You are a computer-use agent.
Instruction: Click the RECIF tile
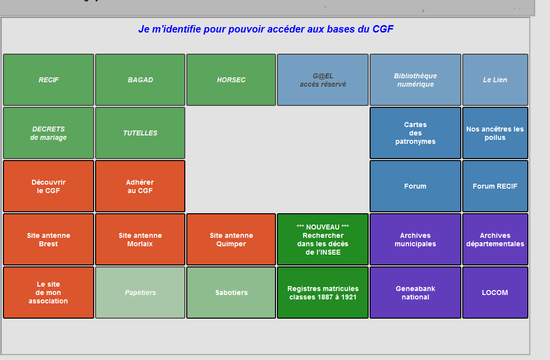pyautogui.click(x=48, y=80)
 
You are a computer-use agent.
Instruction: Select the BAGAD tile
pyautogui.click(x=140, y=80)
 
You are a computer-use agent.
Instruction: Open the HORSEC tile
pyautogui.click(x=231, y=80)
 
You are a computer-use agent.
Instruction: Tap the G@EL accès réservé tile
pyautogui.click(x=323, y=80)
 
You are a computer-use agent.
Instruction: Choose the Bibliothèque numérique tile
pyautogui.click(x=415, y=80)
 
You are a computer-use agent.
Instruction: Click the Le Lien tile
pyautogui.click(x=495, y=80)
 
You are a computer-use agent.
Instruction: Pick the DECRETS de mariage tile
pyautogui.click(x=48, y=133)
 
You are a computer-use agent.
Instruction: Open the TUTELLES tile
pyautogui.click(x=140, y=133)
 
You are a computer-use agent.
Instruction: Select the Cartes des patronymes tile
pyautogui.click(x=415, y=133)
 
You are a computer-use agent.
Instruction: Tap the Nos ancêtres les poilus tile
pyautogui.click(x=495, y=133)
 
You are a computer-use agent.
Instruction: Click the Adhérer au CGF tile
pyautogui.click(x=140, y=186)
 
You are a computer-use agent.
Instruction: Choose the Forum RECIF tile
pyautogui.click(x=495, y=186)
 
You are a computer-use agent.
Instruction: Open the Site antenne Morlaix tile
pyautogui.click(x=140, y=239)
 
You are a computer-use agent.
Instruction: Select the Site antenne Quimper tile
pyautogui.click(x=231, y=239)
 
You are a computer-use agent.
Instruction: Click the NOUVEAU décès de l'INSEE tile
pyautogui.click(x=323, y=239)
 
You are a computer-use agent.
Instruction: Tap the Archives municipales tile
pyautogui.click(x=415, y=239)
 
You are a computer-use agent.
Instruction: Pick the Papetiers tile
pyautogui.click(x=140, y=293)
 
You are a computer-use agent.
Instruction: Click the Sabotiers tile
pyautogui.click(x=231, y=293)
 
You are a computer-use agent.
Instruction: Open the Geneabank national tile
pyautogui.click(x=415, y=293)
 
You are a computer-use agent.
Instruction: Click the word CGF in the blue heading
pyautogui.click(x=383, y=29)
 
